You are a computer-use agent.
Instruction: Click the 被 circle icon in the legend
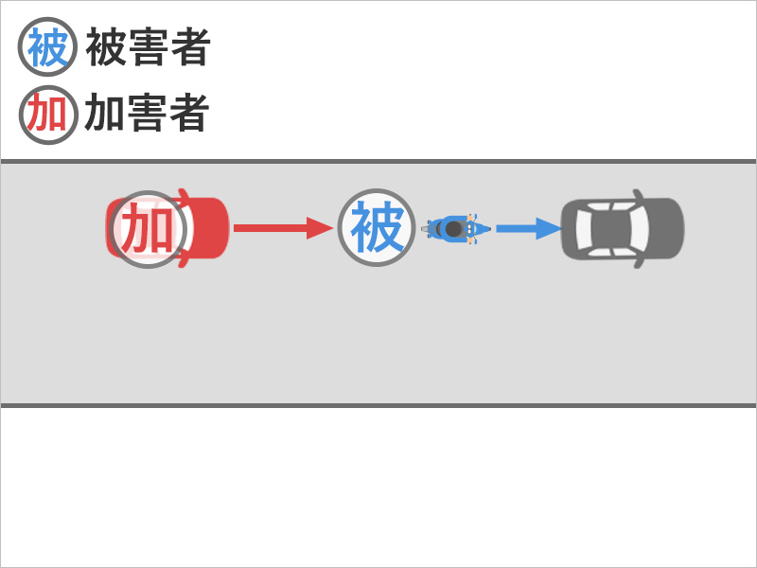(x=46, y=48)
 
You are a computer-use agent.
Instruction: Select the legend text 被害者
(x=148, y=48)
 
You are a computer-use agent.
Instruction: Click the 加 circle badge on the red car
(x=149, y=229)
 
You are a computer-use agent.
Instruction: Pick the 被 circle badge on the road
(x=377, y=228)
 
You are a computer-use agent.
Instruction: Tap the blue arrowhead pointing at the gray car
(x=547, y=228)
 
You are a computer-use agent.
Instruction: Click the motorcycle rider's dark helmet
(x=454, y=229)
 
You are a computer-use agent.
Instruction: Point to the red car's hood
(x=213, y=228)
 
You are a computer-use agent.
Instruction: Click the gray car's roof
(x=616, y=228)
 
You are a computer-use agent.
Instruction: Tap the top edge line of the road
(x=378, y=162)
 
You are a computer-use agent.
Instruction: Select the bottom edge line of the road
(x=378, y=405)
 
